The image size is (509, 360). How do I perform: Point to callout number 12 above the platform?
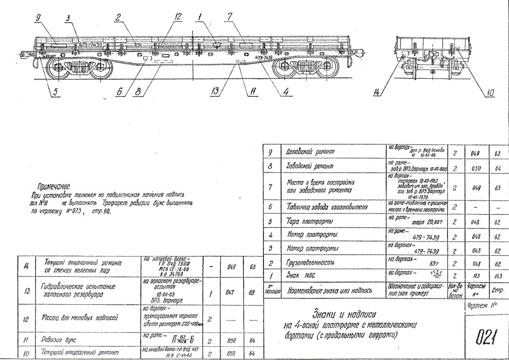click(177, 17)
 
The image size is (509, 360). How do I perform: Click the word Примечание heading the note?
click(53, 186)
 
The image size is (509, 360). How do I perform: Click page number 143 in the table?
click(498, 276)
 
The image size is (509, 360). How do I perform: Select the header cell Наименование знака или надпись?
click(330, 291)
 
